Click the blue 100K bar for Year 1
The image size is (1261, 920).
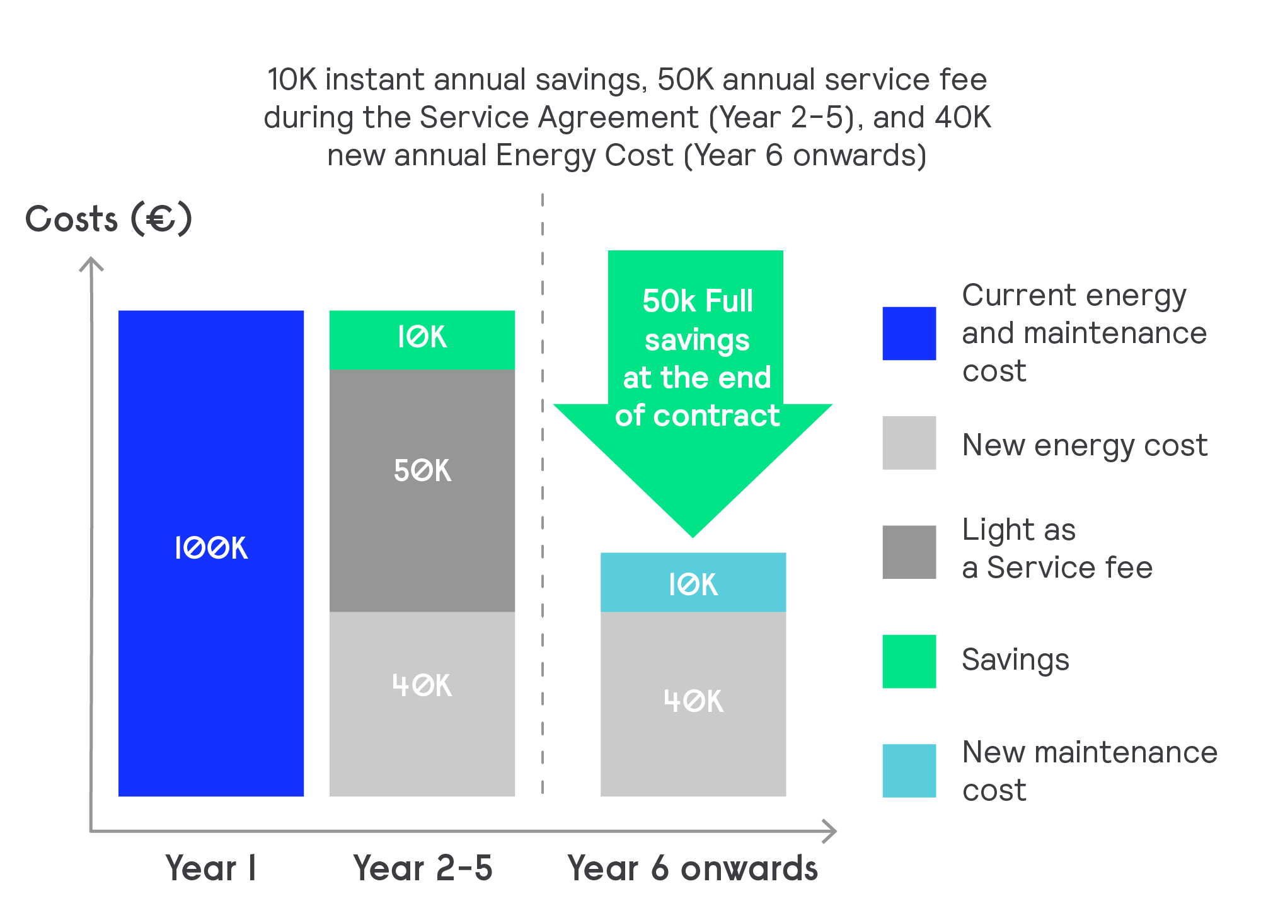click(x=211, y=553)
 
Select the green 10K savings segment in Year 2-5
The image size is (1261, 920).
click(x=422, y=339)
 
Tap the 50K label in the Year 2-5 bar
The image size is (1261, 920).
click(x=422, y=470)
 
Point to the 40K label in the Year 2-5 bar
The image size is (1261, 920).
click(x=422, y=685)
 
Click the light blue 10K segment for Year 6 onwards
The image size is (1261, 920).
click(x=693, y=583)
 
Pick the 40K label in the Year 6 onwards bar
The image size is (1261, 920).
click(x=693, y=701)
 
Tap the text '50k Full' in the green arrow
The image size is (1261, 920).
click(x=697, y=301)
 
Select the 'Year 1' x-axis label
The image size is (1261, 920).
click(x=210, y=868)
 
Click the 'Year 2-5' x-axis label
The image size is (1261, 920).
click(x=422, y=868)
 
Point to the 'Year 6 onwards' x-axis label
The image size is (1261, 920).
click(x=693, y=868)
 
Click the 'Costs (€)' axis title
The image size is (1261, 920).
click(x=108, y=219)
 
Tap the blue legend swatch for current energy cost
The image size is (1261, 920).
click(x=909, y=334)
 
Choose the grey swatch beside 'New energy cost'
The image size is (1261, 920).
click(x=909, y=443)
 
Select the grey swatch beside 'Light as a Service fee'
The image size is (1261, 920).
click(x=909, y=552)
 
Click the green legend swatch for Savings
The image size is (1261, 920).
click(x=909, y=661)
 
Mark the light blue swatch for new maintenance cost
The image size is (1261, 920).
click(x=909, y=771)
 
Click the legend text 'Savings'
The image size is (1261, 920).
click(x=1015, y=660)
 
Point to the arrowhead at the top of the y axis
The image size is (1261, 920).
click(x=91, y=262)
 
